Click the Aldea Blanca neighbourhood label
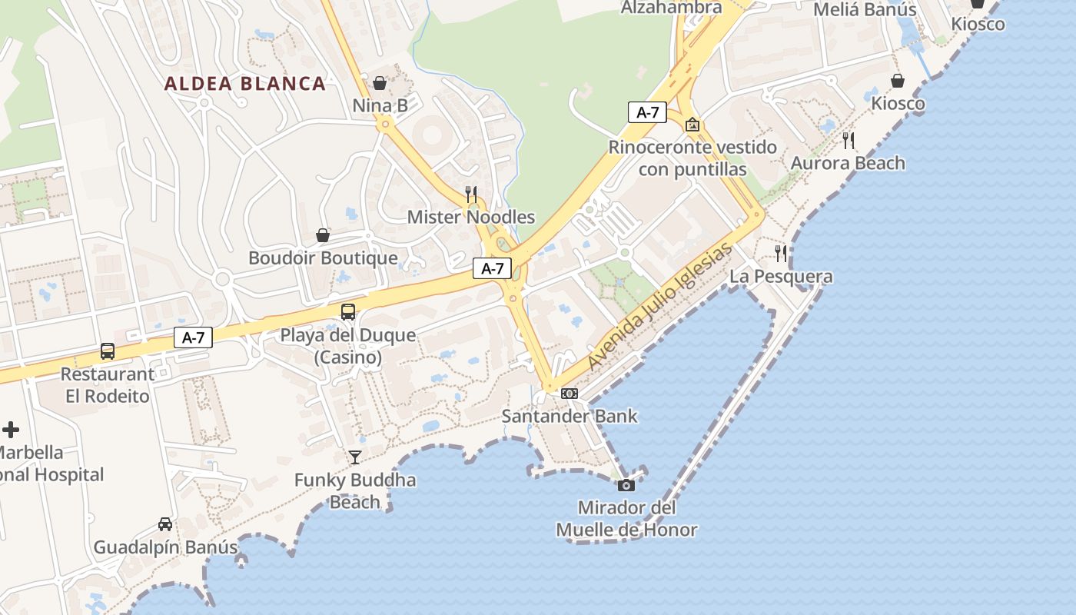244,84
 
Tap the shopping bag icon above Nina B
380,83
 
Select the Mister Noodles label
470,217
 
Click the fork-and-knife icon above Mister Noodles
471,194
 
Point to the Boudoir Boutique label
323,258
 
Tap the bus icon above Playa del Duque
348,311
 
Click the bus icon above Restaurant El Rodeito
108,351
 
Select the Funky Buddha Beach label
355,491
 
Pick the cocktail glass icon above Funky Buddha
354,457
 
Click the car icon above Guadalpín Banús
165,524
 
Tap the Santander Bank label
570,417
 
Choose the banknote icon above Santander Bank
569,394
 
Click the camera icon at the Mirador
626,485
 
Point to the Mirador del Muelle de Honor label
626,519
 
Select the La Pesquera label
781,277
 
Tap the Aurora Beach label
848,163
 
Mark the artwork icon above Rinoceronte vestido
692,125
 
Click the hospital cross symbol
11,430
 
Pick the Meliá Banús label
865,9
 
